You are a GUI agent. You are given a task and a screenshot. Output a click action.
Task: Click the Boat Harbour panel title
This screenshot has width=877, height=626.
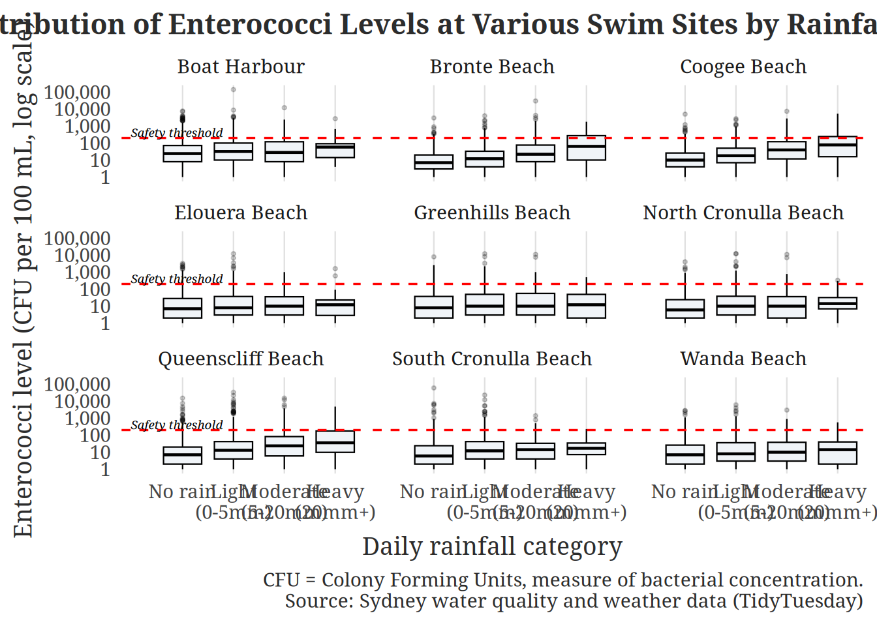[241, 67]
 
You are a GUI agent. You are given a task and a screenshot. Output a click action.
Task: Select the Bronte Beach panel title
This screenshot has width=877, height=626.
[492, 67]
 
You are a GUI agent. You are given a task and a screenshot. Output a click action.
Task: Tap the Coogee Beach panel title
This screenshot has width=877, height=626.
[743, 67]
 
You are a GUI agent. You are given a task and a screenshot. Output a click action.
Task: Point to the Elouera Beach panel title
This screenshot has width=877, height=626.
[241, 213]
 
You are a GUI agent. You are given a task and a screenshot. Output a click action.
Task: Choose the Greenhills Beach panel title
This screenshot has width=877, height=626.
[492, 213]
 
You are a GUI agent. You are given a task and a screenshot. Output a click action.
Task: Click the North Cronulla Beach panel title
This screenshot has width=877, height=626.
[743, 213]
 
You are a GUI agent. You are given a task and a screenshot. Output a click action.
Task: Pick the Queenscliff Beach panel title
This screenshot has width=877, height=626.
[241, 359]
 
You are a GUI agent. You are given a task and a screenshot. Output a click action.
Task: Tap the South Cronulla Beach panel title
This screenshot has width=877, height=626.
[492, 359]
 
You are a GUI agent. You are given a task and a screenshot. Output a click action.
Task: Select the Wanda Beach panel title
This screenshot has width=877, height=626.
[743, 359]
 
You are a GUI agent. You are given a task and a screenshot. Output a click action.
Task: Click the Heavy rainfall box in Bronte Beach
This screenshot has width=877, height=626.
[586, 148]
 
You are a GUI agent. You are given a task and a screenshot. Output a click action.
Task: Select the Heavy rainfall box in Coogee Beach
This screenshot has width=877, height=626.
[838, 147]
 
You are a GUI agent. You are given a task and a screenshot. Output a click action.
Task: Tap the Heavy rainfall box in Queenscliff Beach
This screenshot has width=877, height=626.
[335, 441]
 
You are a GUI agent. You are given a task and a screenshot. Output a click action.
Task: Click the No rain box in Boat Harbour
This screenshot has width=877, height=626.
[182, 153]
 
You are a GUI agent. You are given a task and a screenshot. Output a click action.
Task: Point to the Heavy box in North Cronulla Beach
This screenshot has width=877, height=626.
[838, 303]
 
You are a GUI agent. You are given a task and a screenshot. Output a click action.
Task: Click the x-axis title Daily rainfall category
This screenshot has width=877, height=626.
[492, 546]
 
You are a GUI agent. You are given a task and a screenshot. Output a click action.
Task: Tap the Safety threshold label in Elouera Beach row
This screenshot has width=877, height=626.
[177, 279]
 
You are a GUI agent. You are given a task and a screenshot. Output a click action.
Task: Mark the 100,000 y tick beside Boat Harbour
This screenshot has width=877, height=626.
[77, 92]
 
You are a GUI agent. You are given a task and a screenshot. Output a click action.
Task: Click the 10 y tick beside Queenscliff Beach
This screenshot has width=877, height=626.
[100, 452]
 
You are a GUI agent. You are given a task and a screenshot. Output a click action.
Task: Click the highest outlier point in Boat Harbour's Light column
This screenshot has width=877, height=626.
[233, 90]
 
